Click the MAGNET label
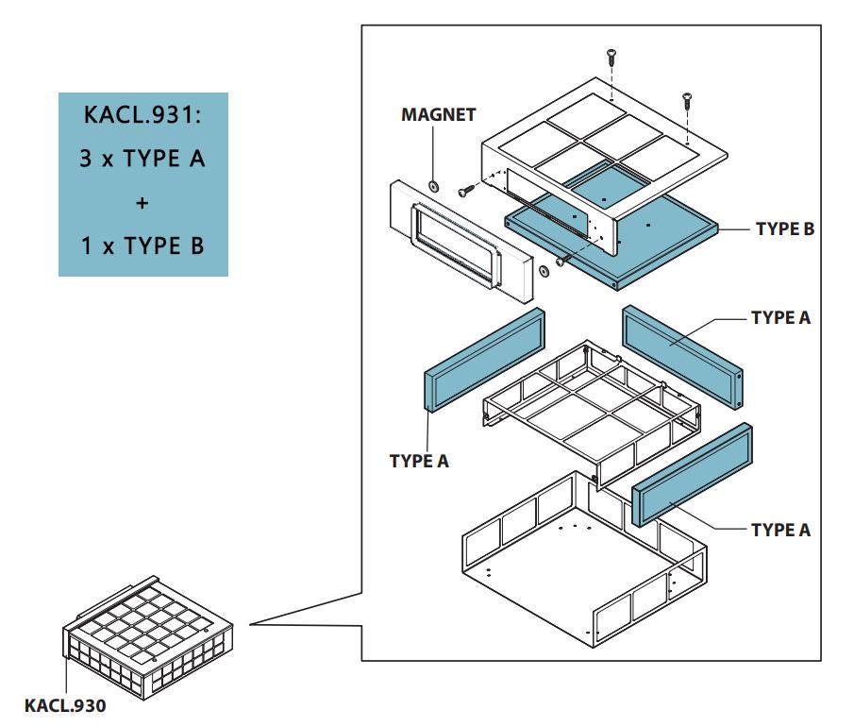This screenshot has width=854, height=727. tap(439, 115)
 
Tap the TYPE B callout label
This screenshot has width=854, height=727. tap(784, 228)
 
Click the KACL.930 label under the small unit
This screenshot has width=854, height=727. tap(65, 704)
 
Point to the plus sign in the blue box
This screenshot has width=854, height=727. tap(142, 203)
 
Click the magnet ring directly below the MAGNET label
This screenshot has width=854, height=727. tap(434, 184)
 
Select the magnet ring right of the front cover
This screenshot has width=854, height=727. tap(544, 272)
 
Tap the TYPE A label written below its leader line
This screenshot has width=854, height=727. tap(419, 461)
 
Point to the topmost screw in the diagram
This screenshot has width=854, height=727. tap(611, 56)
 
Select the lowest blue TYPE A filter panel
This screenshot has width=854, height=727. tap(694, 472)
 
